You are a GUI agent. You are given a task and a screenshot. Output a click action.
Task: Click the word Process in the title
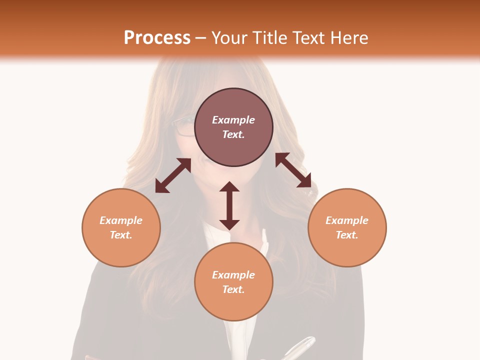(x=157, y=37)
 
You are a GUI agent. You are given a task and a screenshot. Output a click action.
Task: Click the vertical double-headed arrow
(x=229, y=205)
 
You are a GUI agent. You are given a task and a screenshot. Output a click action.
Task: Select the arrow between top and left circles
(x=173, y=175)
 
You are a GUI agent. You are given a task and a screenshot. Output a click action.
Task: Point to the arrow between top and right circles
(x=293, y=170)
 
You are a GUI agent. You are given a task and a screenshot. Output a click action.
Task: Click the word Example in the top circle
(x=233, y=120)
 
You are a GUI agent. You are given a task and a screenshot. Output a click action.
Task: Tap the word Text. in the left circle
(x=121, y=235)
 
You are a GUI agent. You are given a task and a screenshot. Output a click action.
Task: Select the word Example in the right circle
(x=347, y=220)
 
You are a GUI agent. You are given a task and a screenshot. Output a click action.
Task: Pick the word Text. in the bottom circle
(x=233, y=289)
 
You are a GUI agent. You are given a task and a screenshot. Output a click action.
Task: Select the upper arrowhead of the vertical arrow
(x=229, y=187)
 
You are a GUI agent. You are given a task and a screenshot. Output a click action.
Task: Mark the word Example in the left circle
(x=121, y=220)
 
